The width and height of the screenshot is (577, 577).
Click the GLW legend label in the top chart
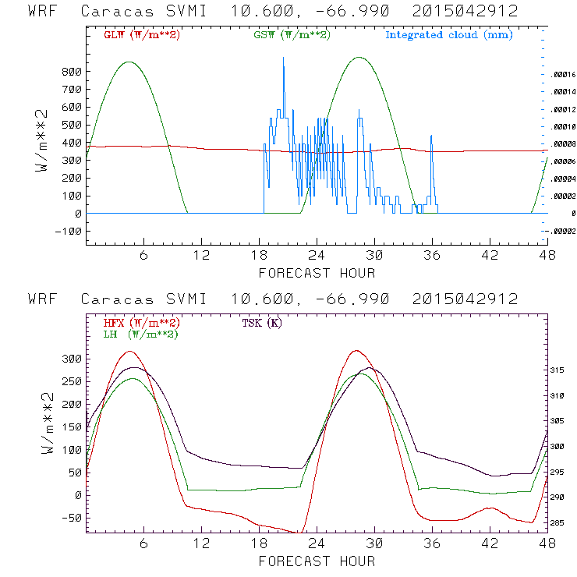click(141, 35)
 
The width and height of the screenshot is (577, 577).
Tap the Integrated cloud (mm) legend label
click(448, 35)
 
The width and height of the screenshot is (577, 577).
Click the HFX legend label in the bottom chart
click(141, 323)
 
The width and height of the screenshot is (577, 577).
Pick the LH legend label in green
click(140, 334)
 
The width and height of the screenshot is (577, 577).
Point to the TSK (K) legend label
click(262, 323)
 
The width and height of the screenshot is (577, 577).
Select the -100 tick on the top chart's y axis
click(69, 231)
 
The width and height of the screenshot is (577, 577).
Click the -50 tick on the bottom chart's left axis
click(72, 518)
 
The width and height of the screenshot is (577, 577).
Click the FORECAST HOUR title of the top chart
click(317, 273)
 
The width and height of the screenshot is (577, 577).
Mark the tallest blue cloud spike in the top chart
click(283, 58)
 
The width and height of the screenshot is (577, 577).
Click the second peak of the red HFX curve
click(356, 351)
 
